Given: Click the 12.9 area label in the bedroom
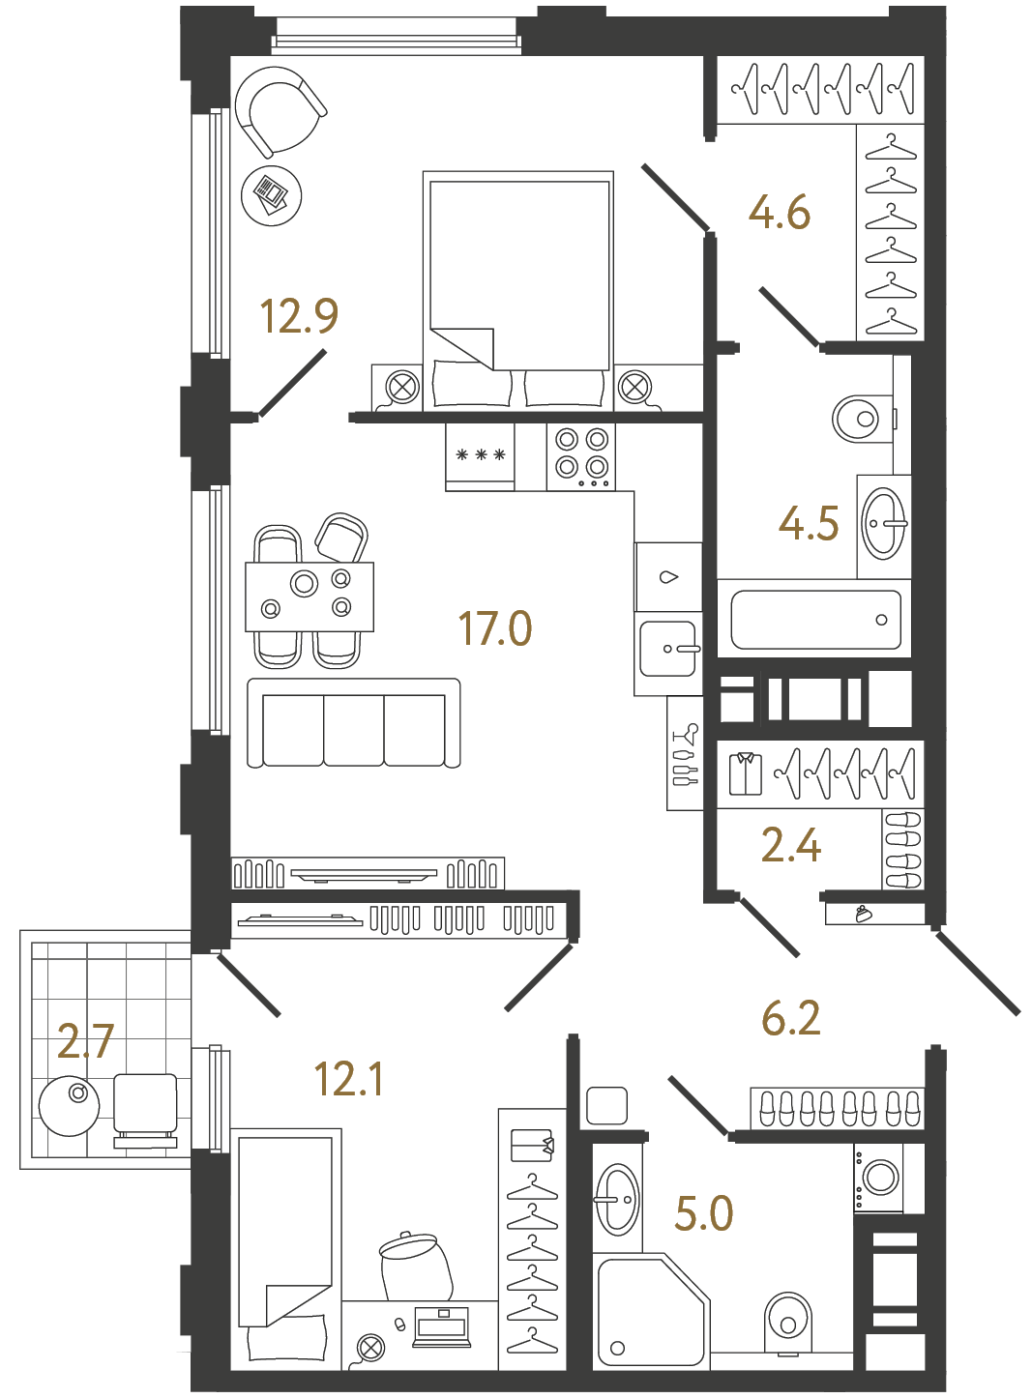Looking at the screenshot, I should coord(299,316).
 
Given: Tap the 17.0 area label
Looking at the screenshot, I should coord(495,628).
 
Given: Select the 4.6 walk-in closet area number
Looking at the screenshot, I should coord(780,213).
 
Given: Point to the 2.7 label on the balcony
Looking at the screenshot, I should coord(85,1041).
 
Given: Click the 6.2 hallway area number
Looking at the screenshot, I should coord(791,1018).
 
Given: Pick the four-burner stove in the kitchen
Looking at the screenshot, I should coord(581,455).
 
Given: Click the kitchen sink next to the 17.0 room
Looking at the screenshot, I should coord(668,649).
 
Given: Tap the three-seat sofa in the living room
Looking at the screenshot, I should coord(354,723).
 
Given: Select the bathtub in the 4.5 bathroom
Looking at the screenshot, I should coord(815,620).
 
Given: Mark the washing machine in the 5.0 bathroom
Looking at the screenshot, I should coord(879,1178).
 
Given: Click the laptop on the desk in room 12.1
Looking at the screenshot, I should coord(441,1326).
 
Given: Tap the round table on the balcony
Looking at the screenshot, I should coord(70,1104).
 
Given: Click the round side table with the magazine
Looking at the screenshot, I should coord(271,195).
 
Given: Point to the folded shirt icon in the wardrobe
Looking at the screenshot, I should coord(746,773).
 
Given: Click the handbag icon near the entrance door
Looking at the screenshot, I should coord(864,913).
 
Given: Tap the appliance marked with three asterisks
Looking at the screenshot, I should coord(481,455).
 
